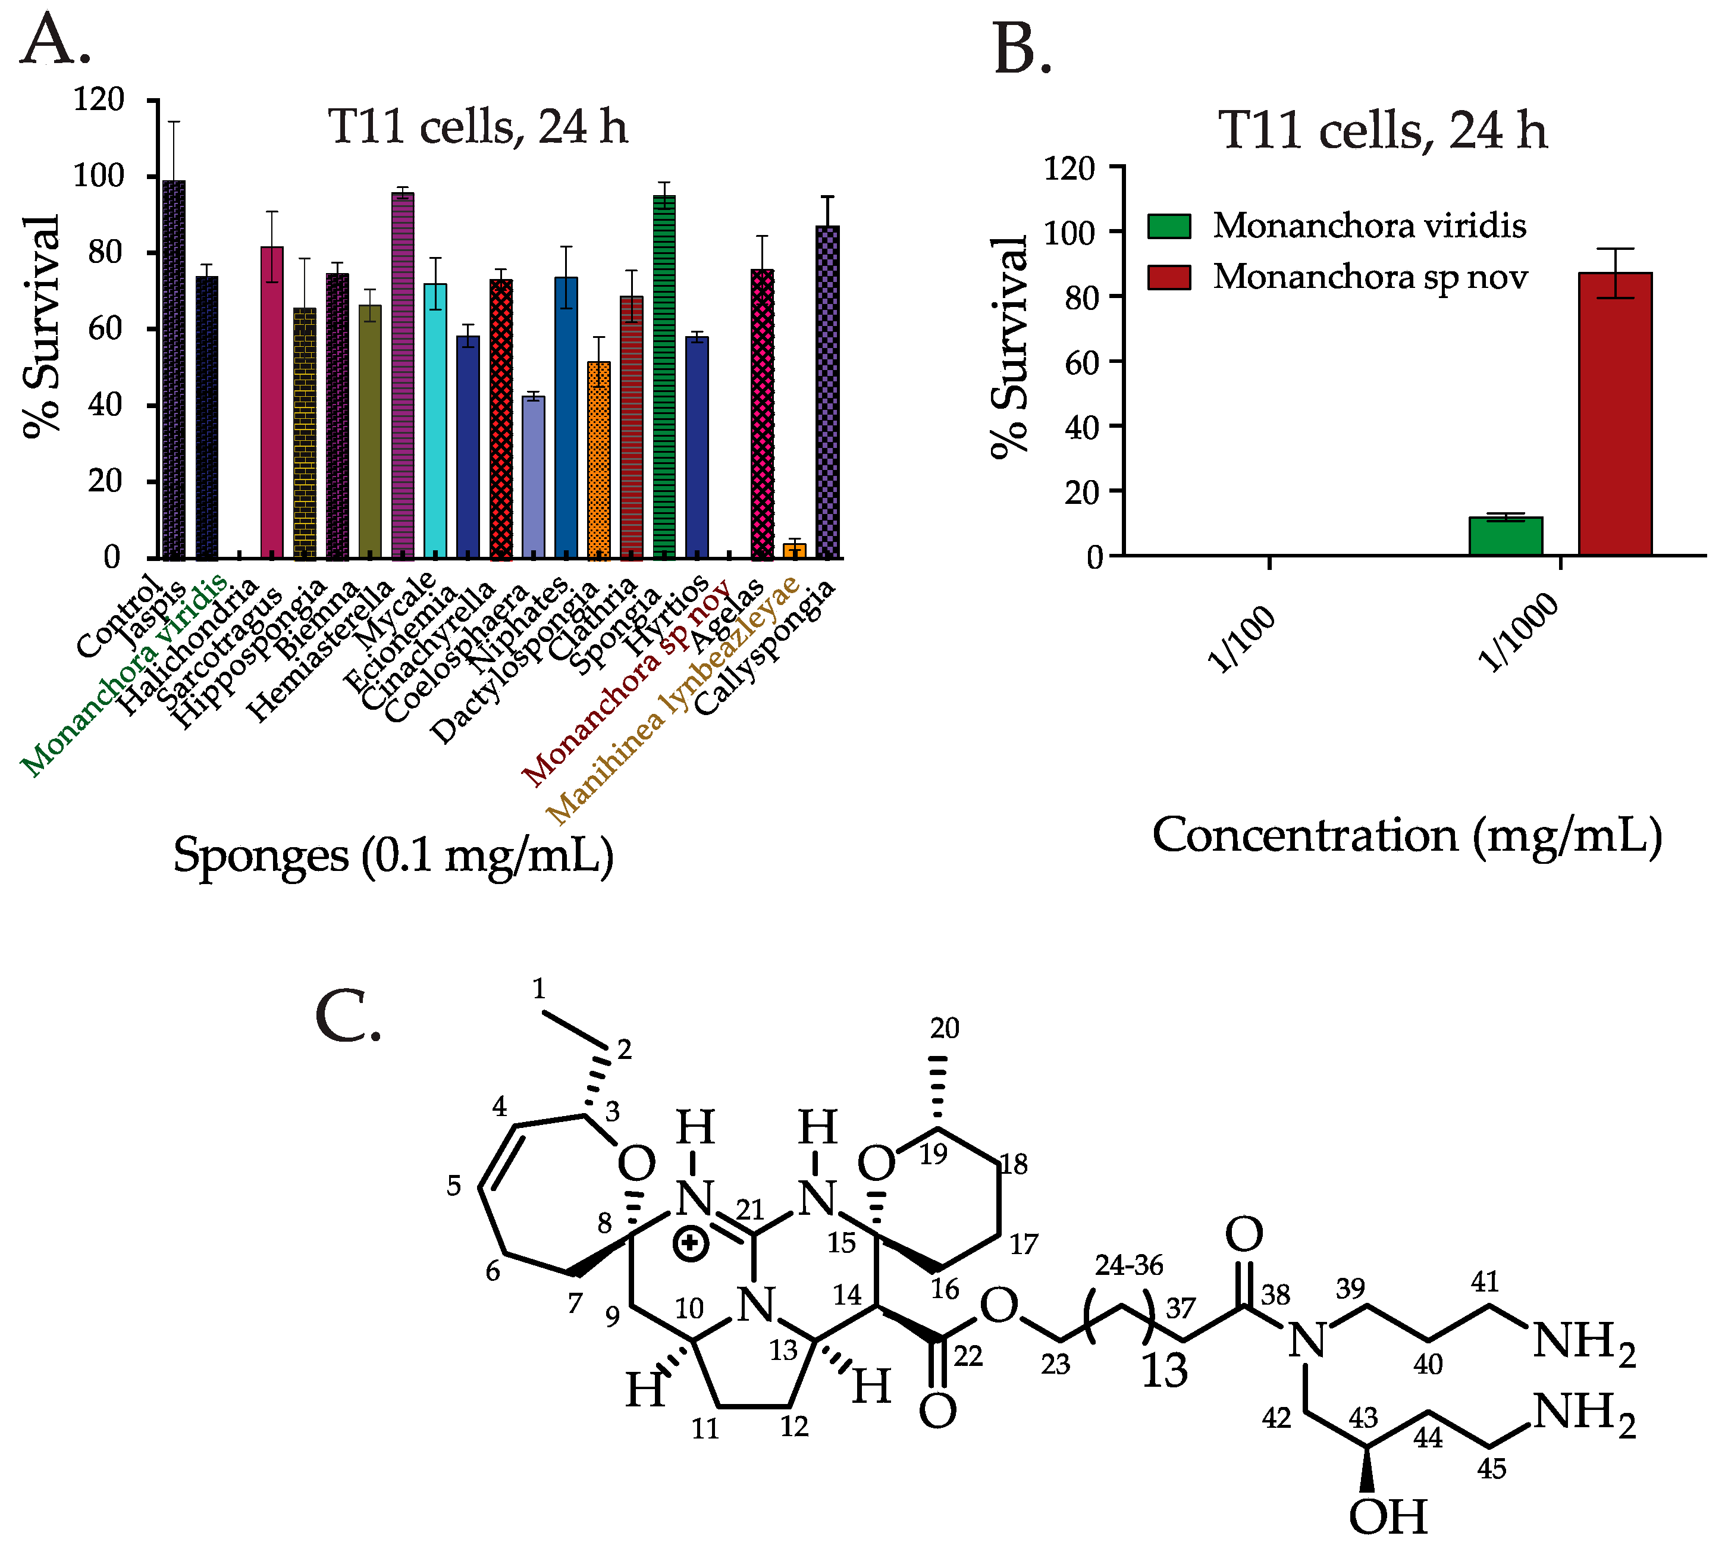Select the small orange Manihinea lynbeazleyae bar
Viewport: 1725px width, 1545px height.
795,550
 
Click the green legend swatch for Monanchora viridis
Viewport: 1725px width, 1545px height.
1169,226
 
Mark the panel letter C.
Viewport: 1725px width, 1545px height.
347,1016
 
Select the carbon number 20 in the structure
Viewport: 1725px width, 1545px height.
944,1029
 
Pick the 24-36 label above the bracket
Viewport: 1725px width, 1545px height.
1128,1266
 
